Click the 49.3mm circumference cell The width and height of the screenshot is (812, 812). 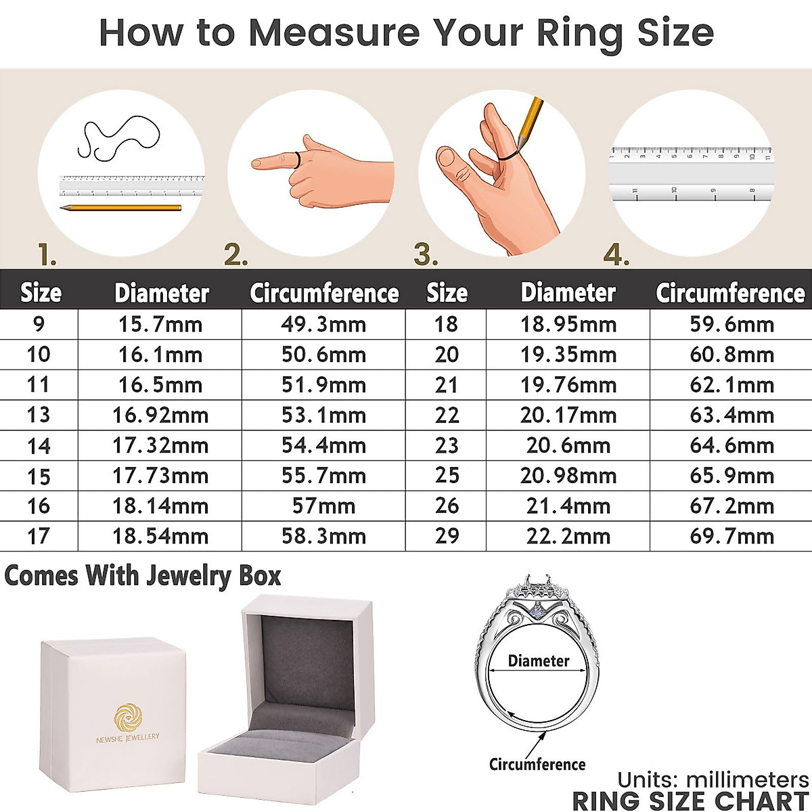point(323,324)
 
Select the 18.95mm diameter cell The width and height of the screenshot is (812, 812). point(568,324)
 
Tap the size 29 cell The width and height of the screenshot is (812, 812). point(447,536)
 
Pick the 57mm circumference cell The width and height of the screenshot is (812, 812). point(323,505)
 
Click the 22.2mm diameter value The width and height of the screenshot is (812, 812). point(568,536)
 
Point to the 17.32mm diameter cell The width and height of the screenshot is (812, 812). point(160,445)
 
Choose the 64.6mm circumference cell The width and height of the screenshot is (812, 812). point(731,445)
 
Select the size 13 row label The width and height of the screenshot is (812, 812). point(39,415)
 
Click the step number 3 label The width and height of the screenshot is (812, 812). point(426,255)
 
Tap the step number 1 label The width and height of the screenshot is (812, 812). point(47,255)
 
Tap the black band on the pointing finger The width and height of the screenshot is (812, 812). point(298,160)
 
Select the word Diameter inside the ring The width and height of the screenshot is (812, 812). point(539,660)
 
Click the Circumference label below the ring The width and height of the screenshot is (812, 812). point(537,764)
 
